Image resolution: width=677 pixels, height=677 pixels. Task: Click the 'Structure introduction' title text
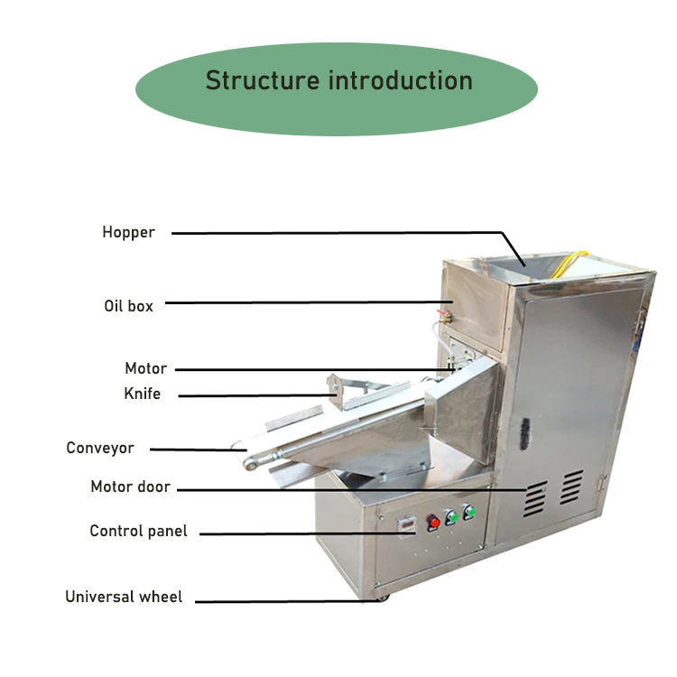(338, 80)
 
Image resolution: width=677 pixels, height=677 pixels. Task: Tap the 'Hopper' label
(128, 232)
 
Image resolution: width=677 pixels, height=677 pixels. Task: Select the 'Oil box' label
(128, 306)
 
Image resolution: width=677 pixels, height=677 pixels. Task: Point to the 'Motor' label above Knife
(145, 368)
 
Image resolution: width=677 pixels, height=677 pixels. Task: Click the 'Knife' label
(142, 394)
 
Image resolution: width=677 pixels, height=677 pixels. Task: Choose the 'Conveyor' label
(99, 448)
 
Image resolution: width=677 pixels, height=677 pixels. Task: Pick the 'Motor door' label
(130, 487)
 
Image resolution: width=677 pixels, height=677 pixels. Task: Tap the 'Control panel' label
(138, 531)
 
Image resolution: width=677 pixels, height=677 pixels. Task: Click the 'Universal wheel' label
(124, 597)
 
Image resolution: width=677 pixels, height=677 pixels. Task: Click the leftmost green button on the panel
(451, 518)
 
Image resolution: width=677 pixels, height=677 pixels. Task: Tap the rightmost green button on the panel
(468, 513)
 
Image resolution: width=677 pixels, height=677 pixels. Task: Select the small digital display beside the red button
(407, 524)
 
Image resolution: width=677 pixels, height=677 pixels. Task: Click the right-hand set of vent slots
(570, 487)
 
